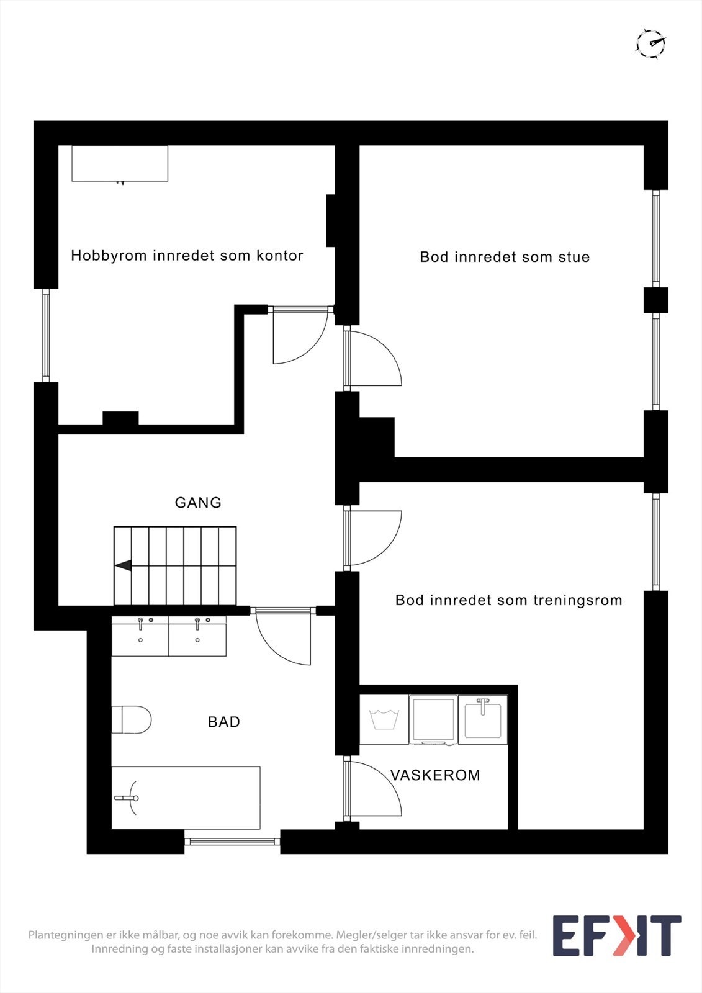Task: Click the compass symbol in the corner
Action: click(x=650, y=43)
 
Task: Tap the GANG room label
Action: click(x=198, y=503)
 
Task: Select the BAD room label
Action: click(x=223, y=722)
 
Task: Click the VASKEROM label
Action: click(x=435, y=775)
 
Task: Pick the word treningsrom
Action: click(x=577, y=600)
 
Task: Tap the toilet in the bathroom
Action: click(x=132, y=719)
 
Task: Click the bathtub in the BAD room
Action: click(x=186, y=798)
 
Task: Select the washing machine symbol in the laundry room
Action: click(x=384, y=720)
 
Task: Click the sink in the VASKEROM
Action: click(x=483, y=719)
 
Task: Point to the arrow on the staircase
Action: click(x=124, y=565)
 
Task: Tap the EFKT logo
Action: click(x=616, y=936)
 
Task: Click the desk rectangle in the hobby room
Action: click(x=120, y=164)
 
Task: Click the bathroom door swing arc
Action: click(x=282, y=639)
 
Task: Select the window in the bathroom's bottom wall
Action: click(x=232, y=842)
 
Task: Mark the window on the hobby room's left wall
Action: click(x=46, y=335)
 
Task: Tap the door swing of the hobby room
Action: click(x=301, y=338)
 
